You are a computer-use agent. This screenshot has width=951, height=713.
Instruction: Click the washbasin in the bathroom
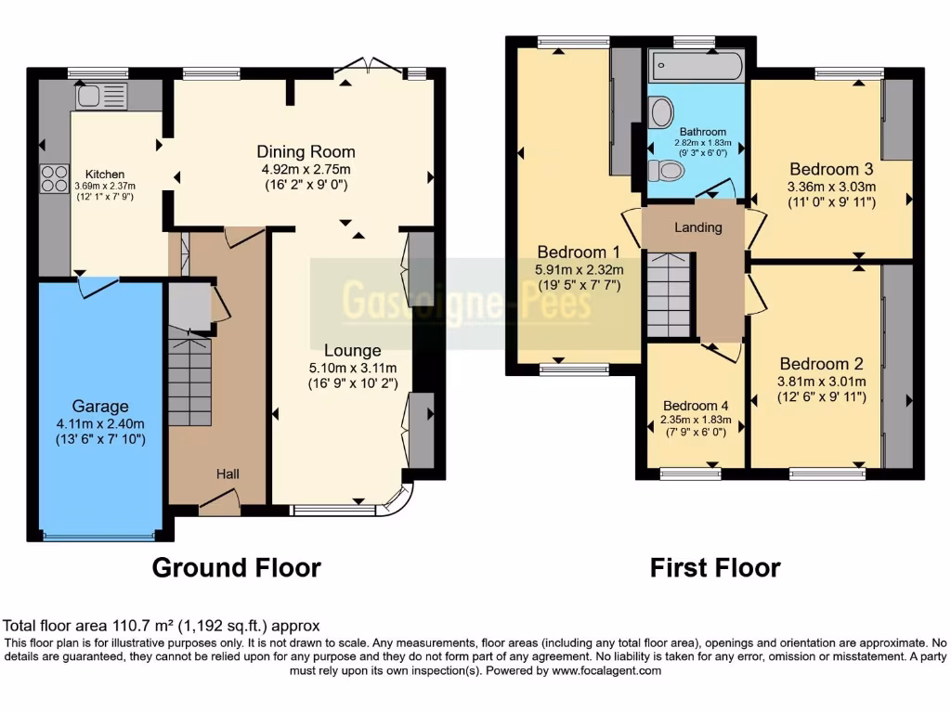[x=662, y=112]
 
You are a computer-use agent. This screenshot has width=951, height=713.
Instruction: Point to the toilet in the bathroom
[x=666, y=171]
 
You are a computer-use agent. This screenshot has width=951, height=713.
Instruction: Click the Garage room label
[x=101, y=407]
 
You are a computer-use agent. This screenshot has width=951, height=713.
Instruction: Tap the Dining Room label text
[x=306, y=151]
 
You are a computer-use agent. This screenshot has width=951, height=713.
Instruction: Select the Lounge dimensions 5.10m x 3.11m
[x=352, y=368]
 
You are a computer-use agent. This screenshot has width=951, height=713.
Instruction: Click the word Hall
[x=228, y=474]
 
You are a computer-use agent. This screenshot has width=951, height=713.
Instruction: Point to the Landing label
[x=697, y=227]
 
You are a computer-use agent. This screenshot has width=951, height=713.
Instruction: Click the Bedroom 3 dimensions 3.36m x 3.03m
[x=831, y=186]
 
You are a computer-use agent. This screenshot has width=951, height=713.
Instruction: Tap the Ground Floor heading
[x=237, y=567]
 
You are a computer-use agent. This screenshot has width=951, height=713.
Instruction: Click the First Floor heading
[x=715, y=567]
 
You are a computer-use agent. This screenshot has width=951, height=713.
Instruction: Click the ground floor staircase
[x=189, y=381]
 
